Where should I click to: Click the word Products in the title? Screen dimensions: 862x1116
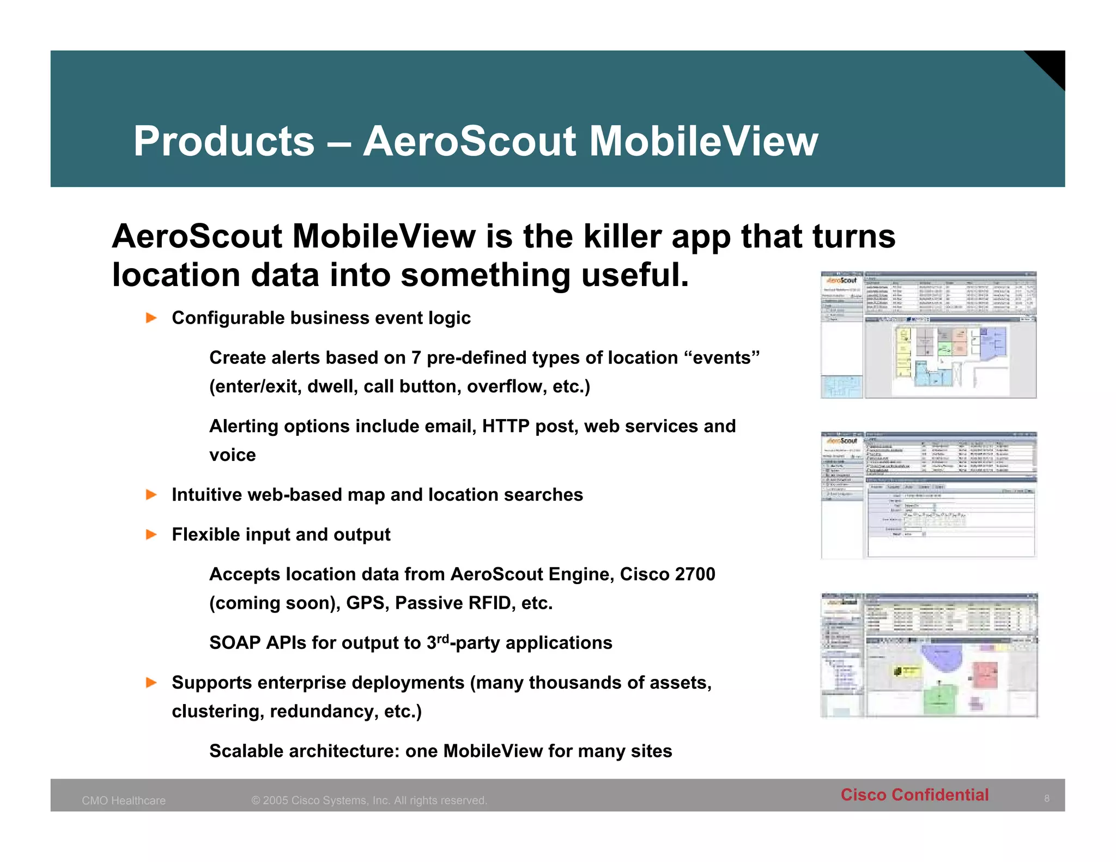[x=224, y=142]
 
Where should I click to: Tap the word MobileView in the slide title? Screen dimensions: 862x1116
[x=703, y=142]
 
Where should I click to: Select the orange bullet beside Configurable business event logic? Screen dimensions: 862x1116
[x=151, y=318]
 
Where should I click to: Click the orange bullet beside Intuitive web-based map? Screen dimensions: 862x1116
[x=151, y=495]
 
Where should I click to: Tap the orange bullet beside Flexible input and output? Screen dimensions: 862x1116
[x=151, y=535]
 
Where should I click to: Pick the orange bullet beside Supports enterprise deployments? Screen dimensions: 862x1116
[x=151, y=683]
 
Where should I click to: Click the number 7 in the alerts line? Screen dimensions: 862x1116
[x=416, y=358]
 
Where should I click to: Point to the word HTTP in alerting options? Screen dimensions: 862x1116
[x=506, y=426]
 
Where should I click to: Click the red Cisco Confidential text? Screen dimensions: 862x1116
[x=914, y=795]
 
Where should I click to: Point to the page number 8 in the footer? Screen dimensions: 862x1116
[x=1046, y=799]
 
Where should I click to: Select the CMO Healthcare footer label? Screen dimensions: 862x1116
[x=124, y=800]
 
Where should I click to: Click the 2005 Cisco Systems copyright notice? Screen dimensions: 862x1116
[x=369, y=800]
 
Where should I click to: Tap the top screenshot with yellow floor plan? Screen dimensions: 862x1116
[x=928, y=335]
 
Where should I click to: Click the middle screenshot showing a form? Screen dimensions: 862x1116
[x=928, y=495]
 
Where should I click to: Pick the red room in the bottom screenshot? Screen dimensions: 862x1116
[x=985, y=675]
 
